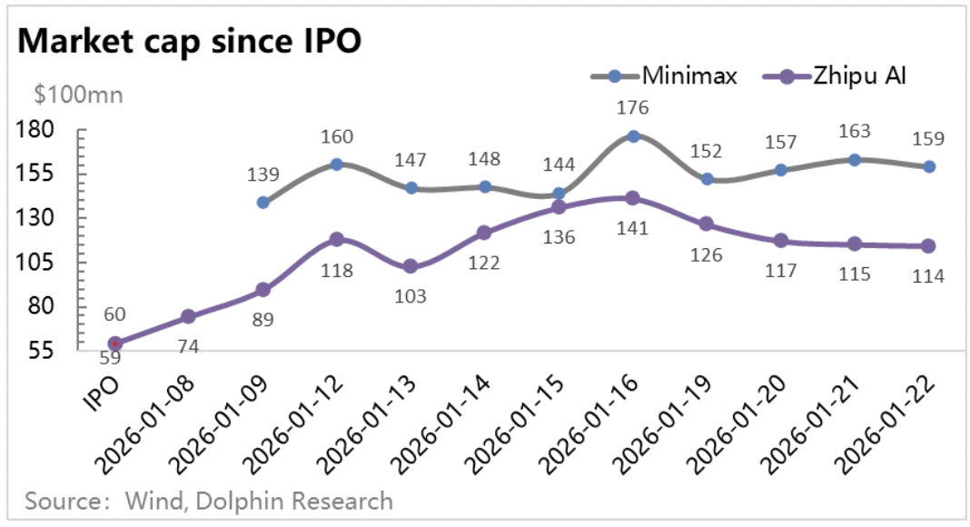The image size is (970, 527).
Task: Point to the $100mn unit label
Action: point(78,94)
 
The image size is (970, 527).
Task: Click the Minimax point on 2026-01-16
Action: point(633,136)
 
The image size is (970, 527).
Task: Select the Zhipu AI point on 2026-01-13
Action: point(411,266)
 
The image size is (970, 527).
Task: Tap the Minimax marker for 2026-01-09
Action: point(262,203)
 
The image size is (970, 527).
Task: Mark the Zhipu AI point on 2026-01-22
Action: point(928,246)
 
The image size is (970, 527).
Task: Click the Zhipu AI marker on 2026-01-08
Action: point(188,316)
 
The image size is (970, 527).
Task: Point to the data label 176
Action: point(632,108)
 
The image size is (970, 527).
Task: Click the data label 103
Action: point(411,295)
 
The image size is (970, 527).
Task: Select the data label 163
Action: point(854,131)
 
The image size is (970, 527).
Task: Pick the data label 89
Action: point(262,318)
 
